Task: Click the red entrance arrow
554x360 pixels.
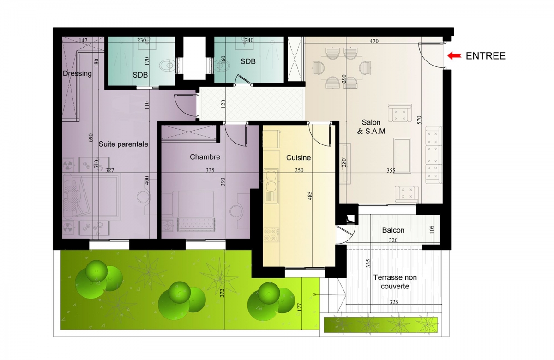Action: point(454,56)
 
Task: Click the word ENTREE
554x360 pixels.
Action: point(486,56)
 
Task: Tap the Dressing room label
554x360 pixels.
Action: point(77,73)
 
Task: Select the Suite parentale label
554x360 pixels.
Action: point(123,144)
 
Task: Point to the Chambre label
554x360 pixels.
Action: point(205,157)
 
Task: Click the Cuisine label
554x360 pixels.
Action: point(299,157)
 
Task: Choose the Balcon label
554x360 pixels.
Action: point(393,230)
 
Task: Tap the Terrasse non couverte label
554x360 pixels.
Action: point(395,282)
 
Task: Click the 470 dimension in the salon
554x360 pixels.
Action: point(374,41)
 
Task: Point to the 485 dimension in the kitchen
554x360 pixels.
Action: point(310,196)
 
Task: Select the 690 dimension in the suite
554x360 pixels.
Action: point(90,138)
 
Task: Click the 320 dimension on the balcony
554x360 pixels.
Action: point(393,240)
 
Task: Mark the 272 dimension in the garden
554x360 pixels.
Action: point(222,293)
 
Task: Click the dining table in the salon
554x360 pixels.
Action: point(342,68)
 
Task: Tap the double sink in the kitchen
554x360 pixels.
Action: point(271,181)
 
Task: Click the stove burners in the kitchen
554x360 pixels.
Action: point(271,234)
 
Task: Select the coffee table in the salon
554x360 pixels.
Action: point(403,156)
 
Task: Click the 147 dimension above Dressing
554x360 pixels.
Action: point(83,40)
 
